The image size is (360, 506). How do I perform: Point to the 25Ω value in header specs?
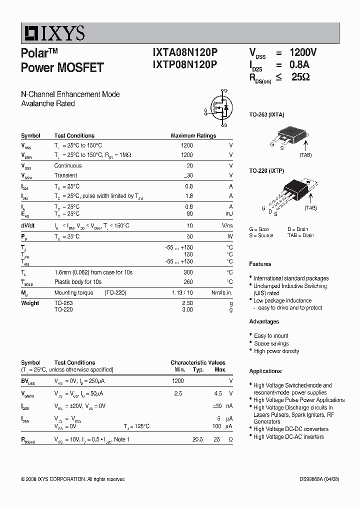[x=299, y=77]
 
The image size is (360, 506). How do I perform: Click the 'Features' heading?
[x=260, y=264]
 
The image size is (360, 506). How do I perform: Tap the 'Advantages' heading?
[x=264, y=321]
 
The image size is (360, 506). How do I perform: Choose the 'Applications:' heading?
[x=265, y=371]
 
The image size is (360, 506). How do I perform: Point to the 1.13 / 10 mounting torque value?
[x=182, y=293]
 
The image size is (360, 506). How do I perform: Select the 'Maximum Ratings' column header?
[x=193, y=135]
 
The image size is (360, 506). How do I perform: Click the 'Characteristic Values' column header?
[x=198, y=362]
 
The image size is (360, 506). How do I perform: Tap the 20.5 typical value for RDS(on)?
[x=197, y=439]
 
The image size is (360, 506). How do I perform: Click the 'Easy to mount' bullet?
[x=271, y=336]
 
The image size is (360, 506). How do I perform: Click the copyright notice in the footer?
[x=73, y=479]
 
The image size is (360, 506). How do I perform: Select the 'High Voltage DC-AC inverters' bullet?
[x=288, y=437]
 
